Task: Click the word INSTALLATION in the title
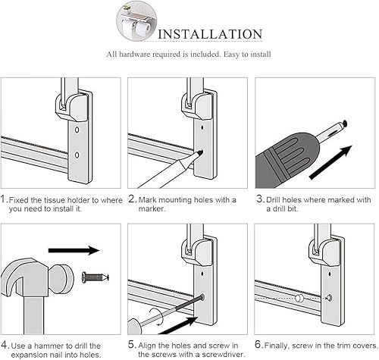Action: click(208, 34)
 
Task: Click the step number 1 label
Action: click(5, 199)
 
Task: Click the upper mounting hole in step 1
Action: click(78, 130)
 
